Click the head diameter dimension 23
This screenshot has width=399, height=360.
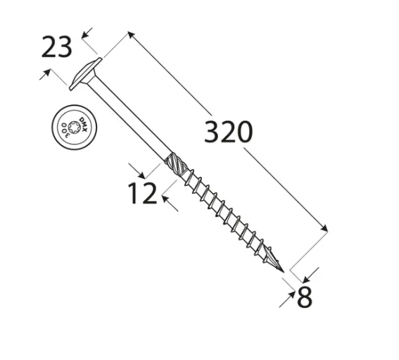pyautogui.click(x=56, y=47)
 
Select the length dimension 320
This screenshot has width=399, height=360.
pyautogui.click(x=228, y=132)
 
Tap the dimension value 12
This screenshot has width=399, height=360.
pyautogui.click(x=142, y=193)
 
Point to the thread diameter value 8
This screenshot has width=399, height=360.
pyautogui.click(x=304, y=297)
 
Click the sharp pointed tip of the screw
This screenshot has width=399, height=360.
pyautogui.click(x=284, y=272)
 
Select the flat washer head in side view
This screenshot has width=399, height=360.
pyautogui.click(x=85, y=74)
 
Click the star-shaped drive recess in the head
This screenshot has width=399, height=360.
pyautogui.click(x=75, y=127)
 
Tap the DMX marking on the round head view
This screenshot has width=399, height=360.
pyautogui.click(x=84, y=125)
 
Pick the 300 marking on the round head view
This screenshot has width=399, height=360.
pyautogui.click(x=65, y=129)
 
